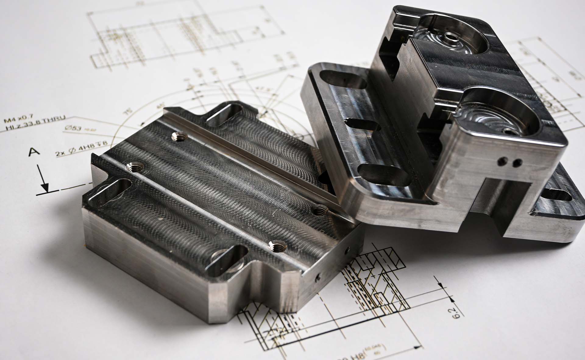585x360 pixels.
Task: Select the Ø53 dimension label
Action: click(73, 128)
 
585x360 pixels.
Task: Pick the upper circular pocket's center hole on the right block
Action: click(449, 37)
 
